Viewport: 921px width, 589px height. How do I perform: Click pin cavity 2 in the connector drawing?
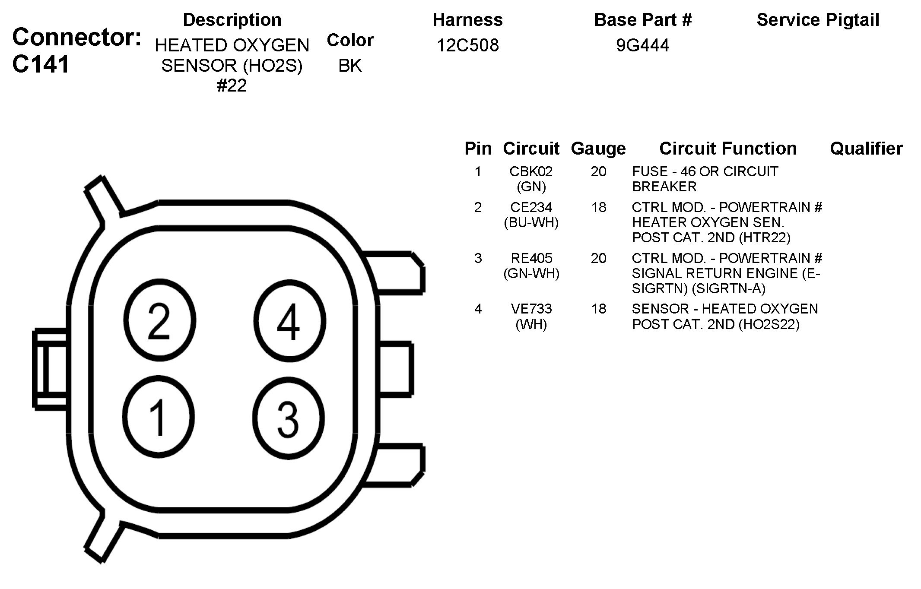159,321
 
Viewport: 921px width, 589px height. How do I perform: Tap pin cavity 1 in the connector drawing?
159,418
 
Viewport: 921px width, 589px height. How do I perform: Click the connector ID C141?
41,64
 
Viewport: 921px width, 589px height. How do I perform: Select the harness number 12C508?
468,45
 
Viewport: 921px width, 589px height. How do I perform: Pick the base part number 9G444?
643,45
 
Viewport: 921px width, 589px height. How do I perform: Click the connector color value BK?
350,66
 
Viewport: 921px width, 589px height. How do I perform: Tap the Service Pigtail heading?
818,20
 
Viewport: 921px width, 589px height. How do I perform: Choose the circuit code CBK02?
531,171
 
